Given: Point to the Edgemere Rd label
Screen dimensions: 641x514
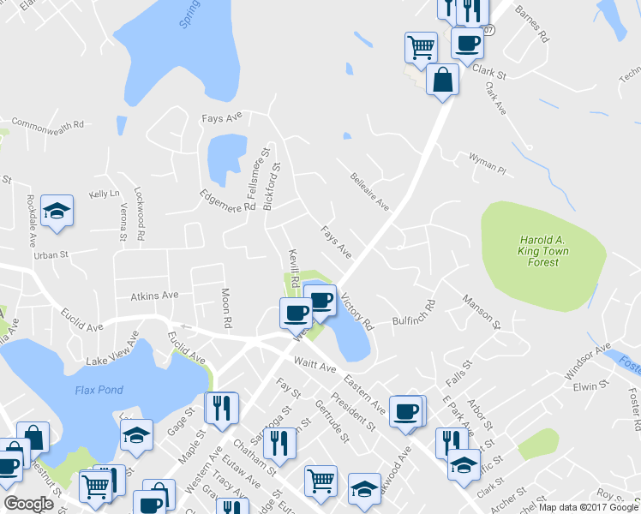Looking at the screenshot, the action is click(x=227, y=201).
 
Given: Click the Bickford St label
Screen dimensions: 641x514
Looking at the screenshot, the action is click(x=273, y=176).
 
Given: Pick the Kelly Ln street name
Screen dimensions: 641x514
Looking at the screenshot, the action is click(x=105, y=194).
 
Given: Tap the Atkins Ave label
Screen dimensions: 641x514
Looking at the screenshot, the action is click(x=154, y=295).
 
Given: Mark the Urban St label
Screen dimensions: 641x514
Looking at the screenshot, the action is click(x=51, y=255).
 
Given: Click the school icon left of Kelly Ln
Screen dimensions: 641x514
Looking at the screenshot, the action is click(x=57, y=211).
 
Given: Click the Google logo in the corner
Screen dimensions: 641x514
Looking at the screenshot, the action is click(x=28, y=504).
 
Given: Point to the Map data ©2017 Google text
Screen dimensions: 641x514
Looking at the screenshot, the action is click(x=589, y=507).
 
